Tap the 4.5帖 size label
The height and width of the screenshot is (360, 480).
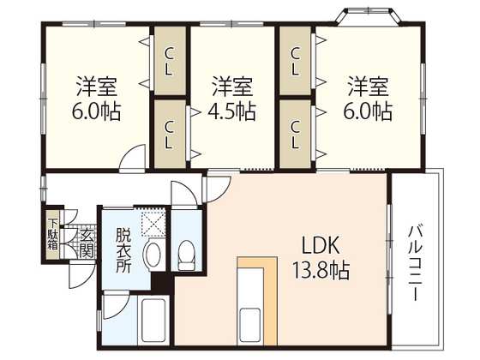pyautogui.click(x=233, y=111)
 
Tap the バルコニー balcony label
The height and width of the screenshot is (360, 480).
pyautogui.click(x=414, y=261)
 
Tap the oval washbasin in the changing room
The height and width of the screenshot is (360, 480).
pyautogui.click(x=153, y=255)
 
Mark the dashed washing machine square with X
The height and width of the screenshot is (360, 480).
pyautogui.click(x=154, y=224)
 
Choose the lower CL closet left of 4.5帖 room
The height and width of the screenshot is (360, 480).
pyautogui.click(x=170, y=134)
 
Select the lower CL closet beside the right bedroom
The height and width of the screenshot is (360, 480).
pyautogui.click(x=296, y=134)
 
